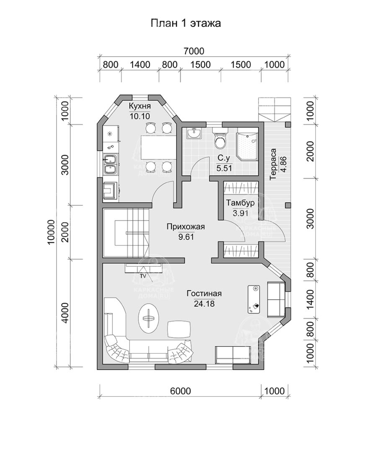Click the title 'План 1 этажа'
[186, 23]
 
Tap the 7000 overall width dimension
[194, 51]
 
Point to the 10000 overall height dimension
[51, 232]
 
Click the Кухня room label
[139, 106]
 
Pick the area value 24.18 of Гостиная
[204, 304]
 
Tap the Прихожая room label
[186, 227]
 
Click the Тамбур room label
[240, 203]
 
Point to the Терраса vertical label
[273, 164]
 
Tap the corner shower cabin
[247, 146]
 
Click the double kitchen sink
[110, 164]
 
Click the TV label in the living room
[143, 276]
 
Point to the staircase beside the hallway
[126, 232]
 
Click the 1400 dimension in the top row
[139, 65]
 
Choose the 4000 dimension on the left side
[65, 312]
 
